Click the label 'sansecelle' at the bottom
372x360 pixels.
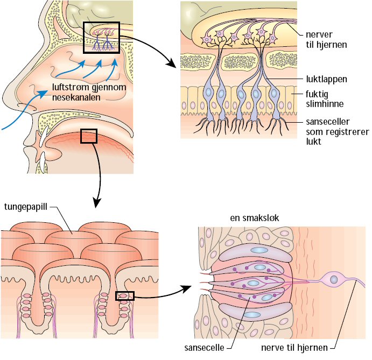point(203,348)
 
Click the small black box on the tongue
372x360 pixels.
point(88,136)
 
